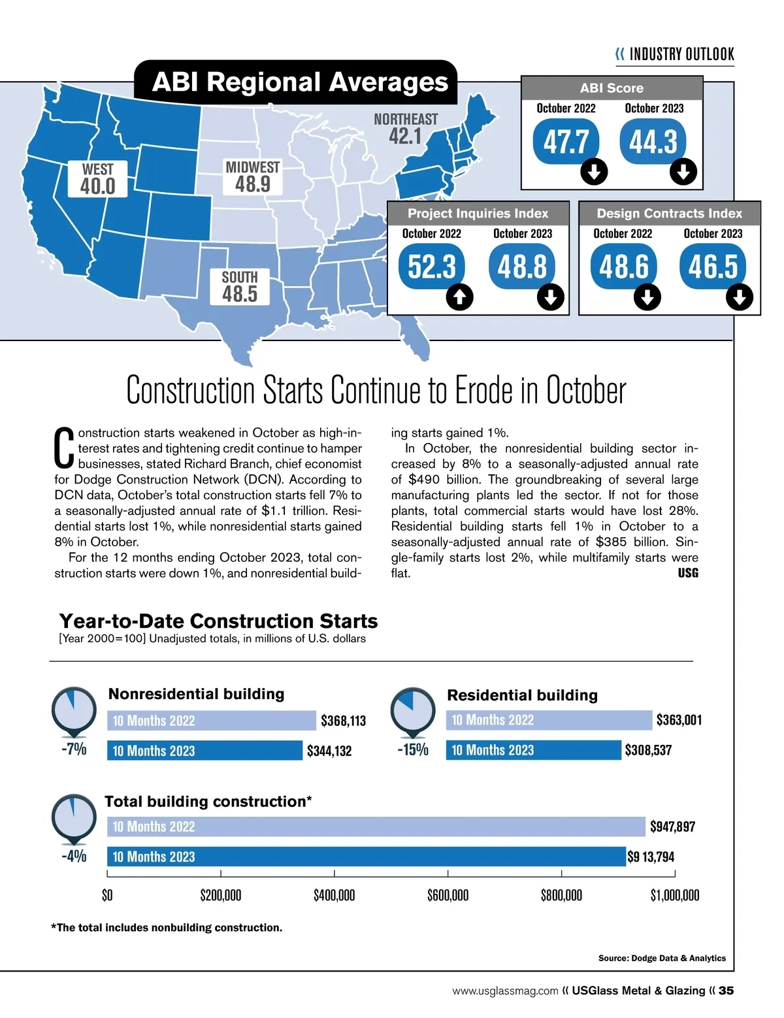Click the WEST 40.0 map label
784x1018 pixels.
98,179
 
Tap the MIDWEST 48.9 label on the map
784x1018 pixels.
252,177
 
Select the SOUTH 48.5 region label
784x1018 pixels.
240,287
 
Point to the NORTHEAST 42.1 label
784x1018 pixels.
406,129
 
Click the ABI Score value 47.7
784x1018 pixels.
566,142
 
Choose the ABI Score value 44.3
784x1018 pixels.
653,142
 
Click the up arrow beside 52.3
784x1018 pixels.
459,297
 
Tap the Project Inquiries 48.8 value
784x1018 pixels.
522,267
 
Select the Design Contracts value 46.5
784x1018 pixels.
713,267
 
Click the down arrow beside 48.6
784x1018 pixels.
647,297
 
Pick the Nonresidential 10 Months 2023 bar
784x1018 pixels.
205,751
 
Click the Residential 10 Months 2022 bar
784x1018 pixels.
549,720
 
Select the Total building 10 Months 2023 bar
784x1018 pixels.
366,857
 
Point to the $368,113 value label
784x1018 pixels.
343,721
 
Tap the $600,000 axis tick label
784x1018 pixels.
448,895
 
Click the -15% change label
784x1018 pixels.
413,749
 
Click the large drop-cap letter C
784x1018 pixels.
63,448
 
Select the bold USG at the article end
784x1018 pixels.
688,573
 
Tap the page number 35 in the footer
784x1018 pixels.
726,991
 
